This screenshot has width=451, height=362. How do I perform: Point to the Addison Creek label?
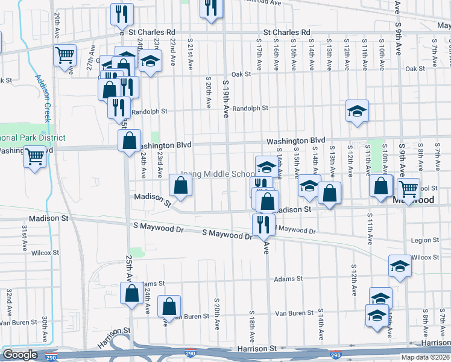tap(43, 98)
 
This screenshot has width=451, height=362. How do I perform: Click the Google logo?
tap(20, 355)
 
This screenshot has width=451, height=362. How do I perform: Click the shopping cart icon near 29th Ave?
tap(65, 56)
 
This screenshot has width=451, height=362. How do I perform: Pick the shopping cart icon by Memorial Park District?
tap(35, 156)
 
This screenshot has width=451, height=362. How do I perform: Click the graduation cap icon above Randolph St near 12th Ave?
tap(357, 110)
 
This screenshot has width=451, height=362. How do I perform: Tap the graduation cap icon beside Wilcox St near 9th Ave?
tap(400, 266)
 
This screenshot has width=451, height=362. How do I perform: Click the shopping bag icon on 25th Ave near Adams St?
tap(131, 294)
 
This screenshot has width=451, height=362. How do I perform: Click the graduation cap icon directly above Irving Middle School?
tap(266, 166)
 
